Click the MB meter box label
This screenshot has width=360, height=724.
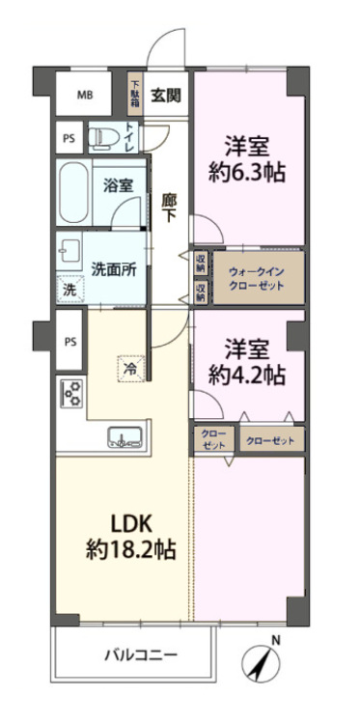tap(86, 95)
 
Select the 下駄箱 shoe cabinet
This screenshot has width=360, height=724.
tap(136, 95)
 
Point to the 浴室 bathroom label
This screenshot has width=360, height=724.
tap(119, 186)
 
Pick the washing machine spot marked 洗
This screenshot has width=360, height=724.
tap(69, 288)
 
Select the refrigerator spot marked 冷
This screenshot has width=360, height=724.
tap(127, 367)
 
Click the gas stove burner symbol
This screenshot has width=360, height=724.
tap(71, 393)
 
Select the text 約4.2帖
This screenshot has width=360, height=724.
tap(248, 374)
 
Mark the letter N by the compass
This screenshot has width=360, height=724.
tap(275, 641)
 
